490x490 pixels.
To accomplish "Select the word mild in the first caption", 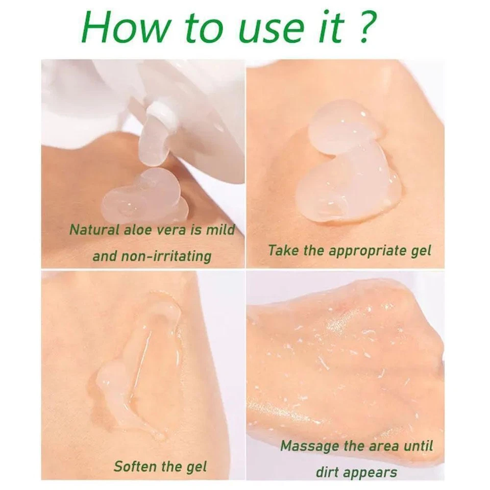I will click(220, 230).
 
